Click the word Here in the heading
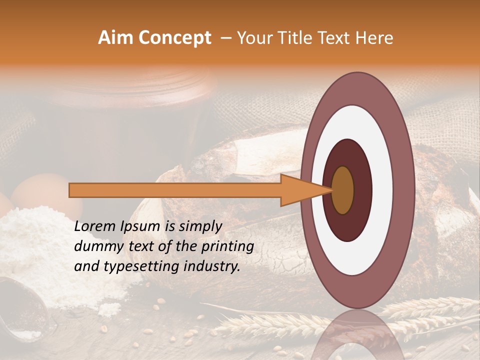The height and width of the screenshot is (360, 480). pos(375,38)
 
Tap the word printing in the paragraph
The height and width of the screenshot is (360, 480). pos(228,247)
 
